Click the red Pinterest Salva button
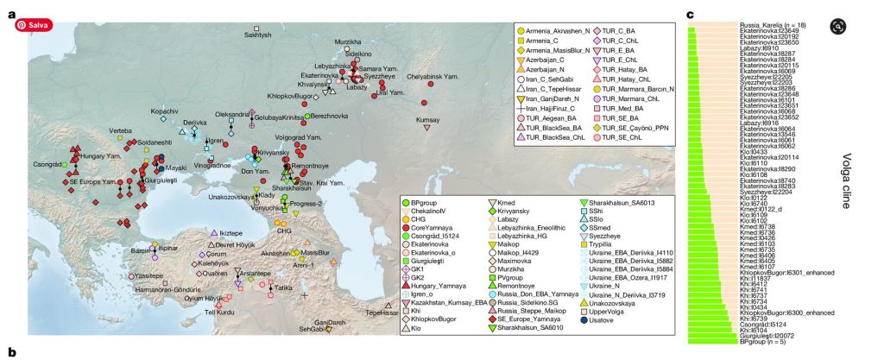(x=32, y=25)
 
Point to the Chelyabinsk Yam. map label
(x=433, y=77)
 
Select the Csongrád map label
(x=48, y=163)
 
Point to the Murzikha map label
(x=348, y=41)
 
